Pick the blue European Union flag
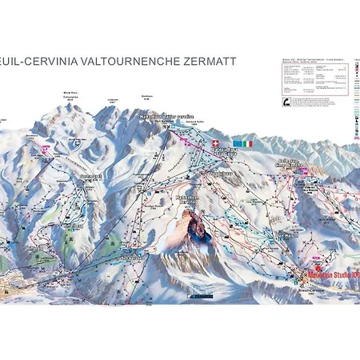231,143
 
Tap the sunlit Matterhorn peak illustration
189,228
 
